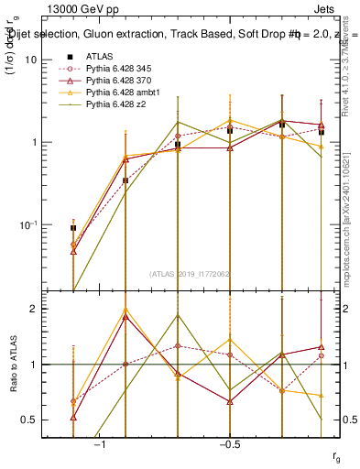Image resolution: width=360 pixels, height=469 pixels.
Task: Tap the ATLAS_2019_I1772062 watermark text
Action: click(x=191, y=273)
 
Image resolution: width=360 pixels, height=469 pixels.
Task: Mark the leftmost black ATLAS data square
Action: click(x=73, y=227)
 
